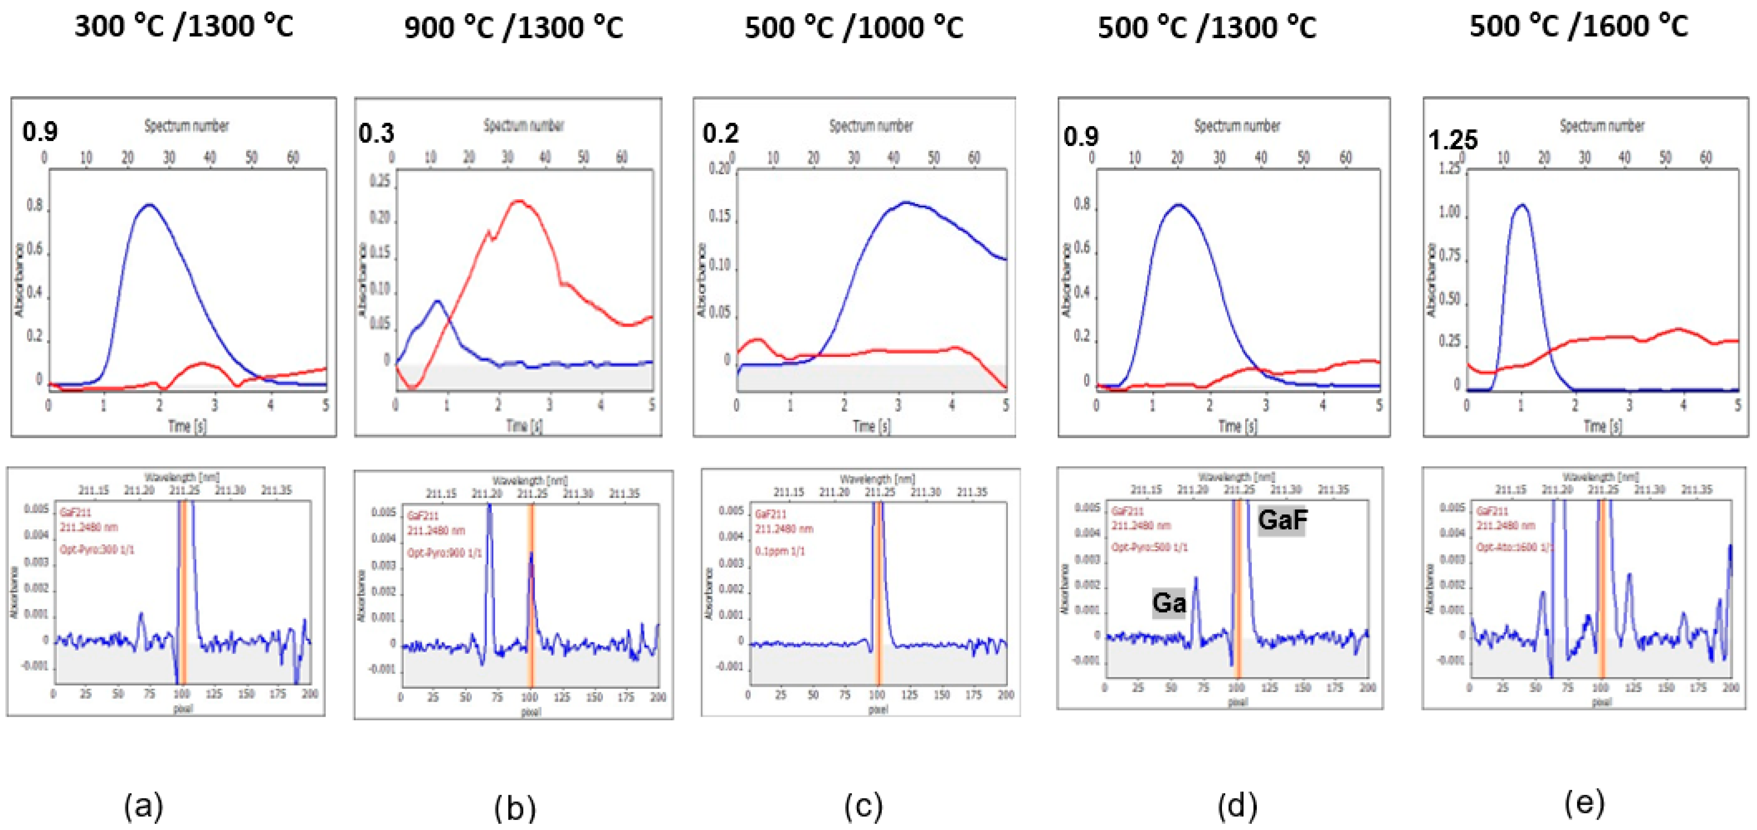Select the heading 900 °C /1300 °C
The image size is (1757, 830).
[513, 28]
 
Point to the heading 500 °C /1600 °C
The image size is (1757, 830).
[1578, 27]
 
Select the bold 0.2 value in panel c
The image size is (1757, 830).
[720, 133]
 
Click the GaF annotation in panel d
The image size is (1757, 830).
[1282, 521]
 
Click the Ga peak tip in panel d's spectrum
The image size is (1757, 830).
[1196, 578]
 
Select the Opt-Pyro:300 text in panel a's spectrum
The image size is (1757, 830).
[97, 550]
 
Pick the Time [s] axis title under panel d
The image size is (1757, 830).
[1237, 426]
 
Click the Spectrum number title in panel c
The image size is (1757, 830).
[871, 126]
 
